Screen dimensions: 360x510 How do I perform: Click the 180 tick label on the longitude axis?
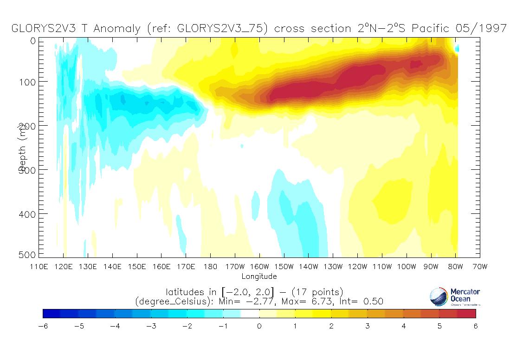pyautogui.click(x=210, y=267)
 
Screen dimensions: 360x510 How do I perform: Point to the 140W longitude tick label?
pyautogui.click(x=308, y=267)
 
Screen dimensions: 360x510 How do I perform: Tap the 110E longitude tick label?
pyautogui.click(x=39, y=267)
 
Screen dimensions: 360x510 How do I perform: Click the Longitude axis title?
pyautogui.click(x=259, y=276)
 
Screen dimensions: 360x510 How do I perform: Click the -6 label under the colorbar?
pyautogui.click(x=43, y=326)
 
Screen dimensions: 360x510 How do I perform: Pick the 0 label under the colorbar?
pyautogui.click(x=259, y=326)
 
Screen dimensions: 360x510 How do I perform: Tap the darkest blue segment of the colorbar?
pyautogui.click(x=52, y=314)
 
